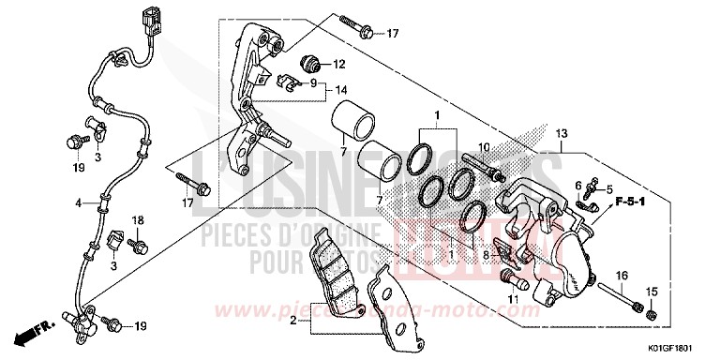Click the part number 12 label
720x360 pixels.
pos(339,65)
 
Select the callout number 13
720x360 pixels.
pos(562,135)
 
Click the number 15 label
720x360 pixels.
pos(652,291)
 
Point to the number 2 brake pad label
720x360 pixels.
pos(293,320)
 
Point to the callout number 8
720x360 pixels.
pos(484,255)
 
